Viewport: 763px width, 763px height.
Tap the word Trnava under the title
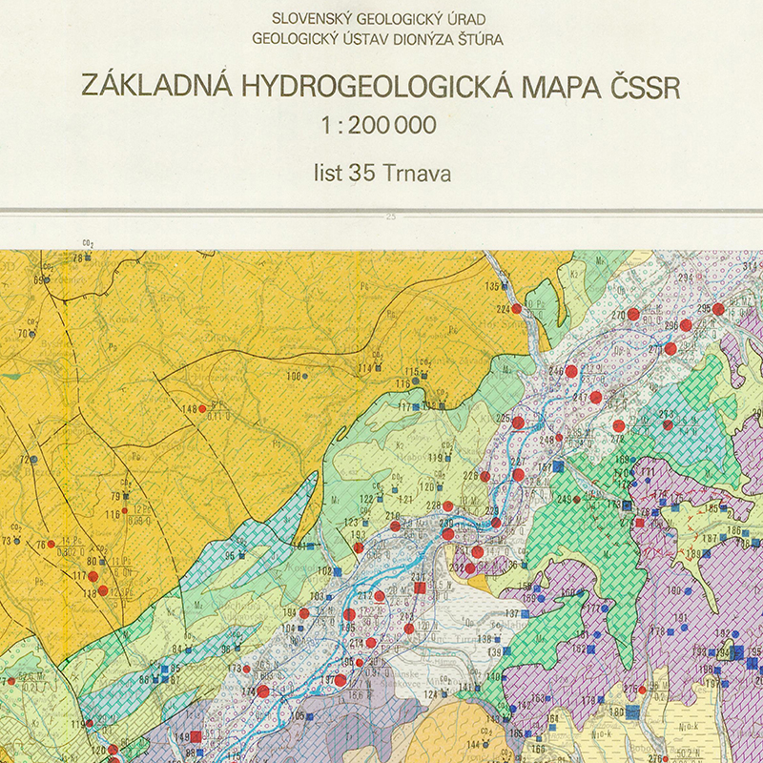tap(416, 174)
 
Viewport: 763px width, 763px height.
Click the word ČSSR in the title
tap(645, 85)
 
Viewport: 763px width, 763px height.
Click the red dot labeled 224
tap(516, 309)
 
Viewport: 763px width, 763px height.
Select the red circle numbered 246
tap(571, 371)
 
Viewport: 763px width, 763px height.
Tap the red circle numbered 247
tap(596, 397)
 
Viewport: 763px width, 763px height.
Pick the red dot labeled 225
tap(518, 422)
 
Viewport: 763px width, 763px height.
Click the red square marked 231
tap(420, 588)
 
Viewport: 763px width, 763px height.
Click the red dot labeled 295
tap(718, 309)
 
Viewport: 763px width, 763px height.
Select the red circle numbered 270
tap(633, 314)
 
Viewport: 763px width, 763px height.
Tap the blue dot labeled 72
tap(33, 460)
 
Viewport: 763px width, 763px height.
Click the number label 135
tap(492, 286)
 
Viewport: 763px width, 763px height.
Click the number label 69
tap(39, 280)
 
